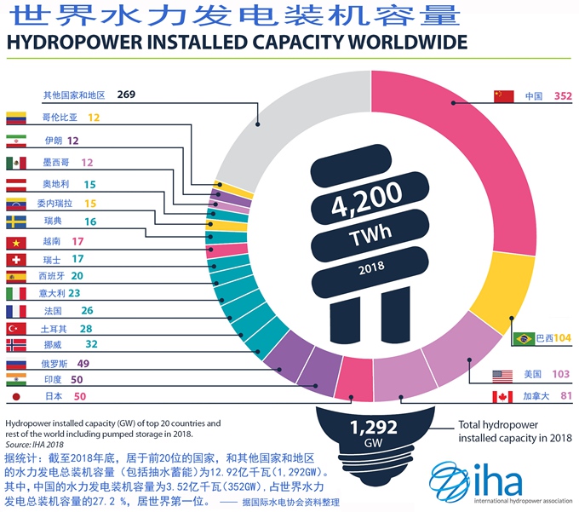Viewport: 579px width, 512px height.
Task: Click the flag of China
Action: (x=504, y=96)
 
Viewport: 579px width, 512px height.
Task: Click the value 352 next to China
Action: (x=563, y=96)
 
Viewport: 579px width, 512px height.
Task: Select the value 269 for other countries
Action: (x=127, y=95)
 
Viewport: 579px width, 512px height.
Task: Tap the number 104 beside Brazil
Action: (x=562, y=338)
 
